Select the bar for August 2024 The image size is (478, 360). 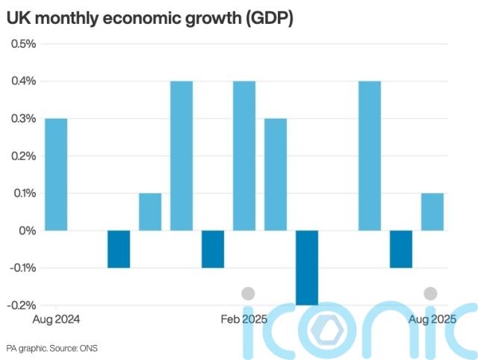click(57, 174)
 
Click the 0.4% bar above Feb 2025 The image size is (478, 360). click(244, 155)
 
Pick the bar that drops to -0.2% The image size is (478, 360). click(307, 267)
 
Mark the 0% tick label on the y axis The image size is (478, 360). click(28, 230)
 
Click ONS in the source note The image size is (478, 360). click(90, 348)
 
